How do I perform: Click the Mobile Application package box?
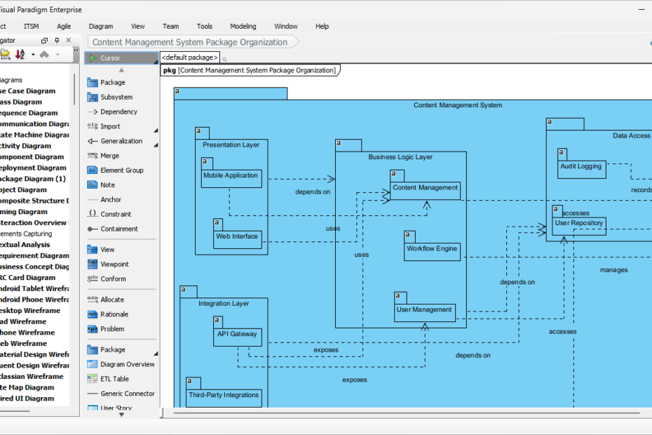(x=231, y=178)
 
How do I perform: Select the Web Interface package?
(x=237, y=239)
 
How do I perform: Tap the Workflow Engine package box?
(x=432, y=251)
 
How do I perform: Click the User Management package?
(x=424, y=312)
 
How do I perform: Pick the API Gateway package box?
(x=237, y=337)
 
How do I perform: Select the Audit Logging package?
(x=581, y=169)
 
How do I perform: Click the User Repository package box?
(x=579, y=226)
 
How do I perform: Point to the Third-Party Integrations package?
(x=224, y=398)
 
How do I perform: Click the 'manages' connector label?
(x=613, y=269)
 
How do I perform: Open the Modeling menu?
(x=243, y=27)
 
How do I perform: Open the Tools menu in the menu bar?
(x=204, y=27)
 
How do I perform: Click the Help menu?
(x=322, y=27)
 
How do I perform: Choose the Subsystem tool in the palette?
(x=116, y=98)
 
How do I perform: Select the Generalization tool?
(x=121, y=141)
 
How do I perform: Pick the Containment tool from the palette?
(x=118, y=229)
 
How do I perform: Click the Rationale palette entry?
(x=114, y=314)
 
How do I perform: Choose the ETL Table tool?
(x=114, y=379)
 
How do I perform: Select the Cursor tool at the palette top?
(x=110, y=58)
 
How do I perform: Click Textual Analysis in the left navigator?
(x=25, y=245)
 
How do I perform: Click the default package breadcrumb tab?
(x=190, y=57)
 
